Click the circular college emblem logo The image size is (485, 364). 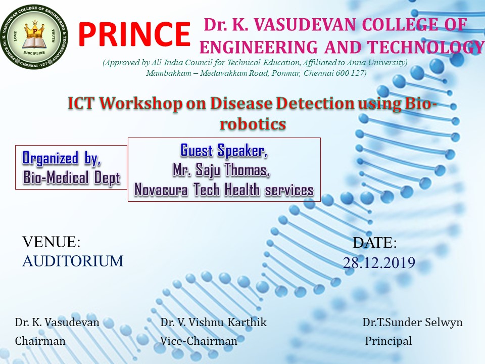34,37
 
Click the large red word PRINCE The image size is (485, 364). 134,34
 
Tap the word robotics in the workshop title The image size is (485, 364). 253,124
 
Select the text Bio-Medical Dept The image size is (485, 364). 71,178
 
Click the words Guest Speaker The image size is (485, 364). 224,151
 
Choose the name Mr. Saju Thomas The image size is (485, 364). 221,170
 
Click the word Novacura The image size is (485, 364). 161,190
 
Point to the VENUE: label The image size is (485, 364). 52,242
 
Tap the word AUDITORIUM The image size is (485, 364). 73,261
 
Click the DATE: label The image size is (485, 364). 374,243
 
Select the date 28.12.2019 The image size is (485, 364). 379,262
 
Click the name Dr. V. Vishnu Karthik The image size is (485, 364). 213,322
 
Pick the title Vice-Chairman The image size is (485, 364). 199,341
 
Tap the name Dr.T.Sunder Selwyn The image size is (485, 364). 413,322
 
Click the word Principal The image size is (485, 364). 389,341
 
